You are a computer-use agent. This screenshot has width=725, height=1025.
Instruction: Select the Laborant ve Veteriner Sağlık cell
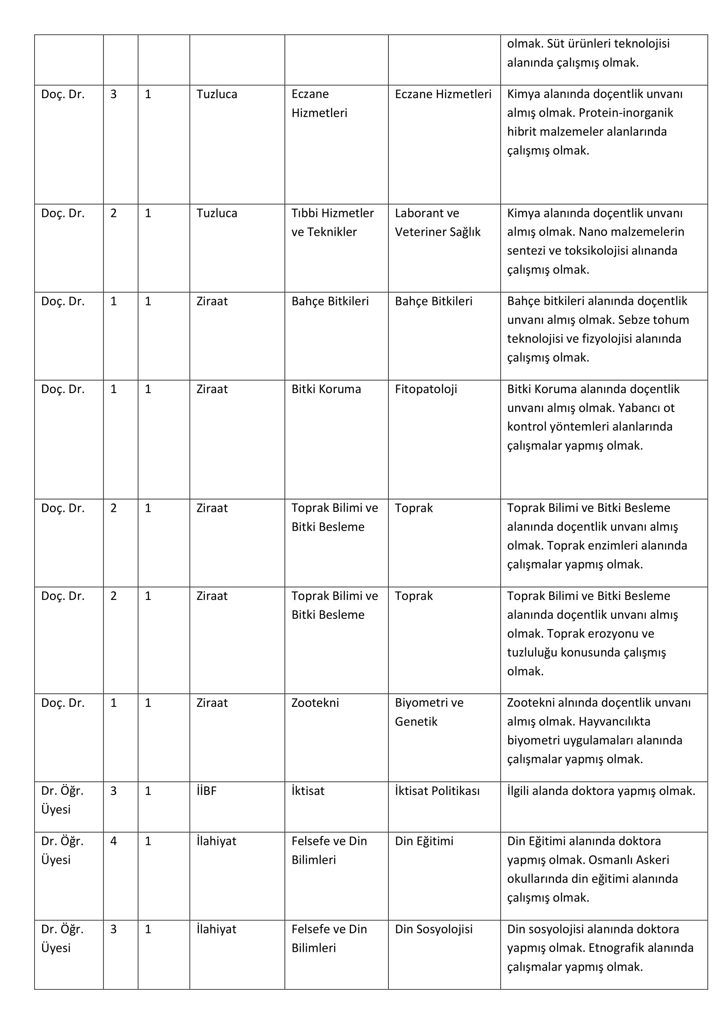(437, 222)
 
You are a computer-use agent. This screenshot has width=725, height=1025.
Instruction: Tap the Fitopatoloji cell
(426, 389)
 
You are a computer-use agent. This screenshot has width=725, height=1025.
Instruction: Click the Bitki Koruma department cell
(326, 389)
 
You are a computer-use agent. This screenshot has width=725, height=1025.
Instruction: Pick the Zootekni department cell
(315, 702)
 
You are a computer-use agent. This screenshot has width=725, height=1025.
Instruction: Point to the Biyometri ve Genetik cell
(429, 712)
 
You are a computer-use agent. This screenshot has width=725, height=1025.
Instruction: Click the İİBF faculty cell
(206, 791)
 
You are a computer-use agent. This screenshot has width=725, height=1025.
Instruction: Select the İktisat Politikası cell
(437, 791)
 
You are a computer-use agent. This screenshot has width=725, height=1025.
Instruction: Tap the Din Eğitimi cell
(424, 841)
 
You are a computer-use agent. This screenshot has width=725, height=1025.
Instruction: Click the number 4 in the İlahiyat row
(114, 841)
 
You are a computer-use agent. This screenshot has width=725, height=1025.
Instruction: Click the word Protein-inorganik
(626, 113)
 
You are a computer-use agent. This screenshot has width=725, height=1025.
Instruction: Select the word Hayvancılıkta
(615, 721)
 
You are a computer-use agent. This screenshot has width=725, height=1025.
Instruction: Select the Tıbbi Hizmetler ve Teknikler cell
(333, 222)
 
